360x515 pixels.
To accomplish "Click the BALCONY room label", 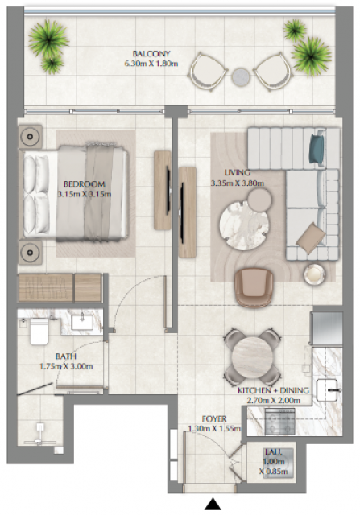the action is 151,54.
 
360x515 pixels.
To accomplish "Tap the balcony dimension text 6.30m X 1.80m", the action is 151,64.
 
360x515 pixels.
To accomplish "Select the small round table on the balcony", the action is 241,77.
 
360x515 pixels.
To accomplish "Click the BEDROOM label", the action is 85,184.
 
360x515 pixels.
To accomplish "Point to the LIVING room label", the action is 238,172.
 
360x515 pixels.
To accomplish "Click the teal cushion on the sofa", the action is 317,146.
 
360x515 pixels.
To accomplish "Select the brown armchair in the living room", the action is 254,288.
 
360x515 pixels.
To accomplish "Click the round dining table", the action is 252,357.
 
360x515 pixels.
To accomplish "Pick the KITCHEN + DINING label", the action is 274,390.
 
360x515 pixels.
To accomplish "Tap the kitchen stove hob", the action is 279,422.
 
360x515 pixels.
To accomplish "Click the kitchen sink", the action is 327,390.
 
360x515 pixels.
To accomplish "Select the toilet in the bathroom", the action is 39,332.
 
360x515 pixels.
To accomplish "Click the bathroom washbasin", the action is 82,321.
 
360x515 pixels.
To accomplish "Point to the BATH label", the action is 66,356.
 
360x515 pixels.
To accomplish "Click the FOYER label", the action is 214,419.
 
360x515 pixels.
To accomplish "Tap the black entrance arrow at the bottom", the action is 213,504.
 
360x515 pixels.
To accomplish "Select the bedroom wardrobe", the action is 60,288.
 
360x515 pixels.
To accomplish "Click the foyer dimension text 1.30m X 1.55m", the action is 214,429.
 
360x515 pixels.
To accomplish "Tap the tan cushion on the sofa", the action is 311,238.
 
